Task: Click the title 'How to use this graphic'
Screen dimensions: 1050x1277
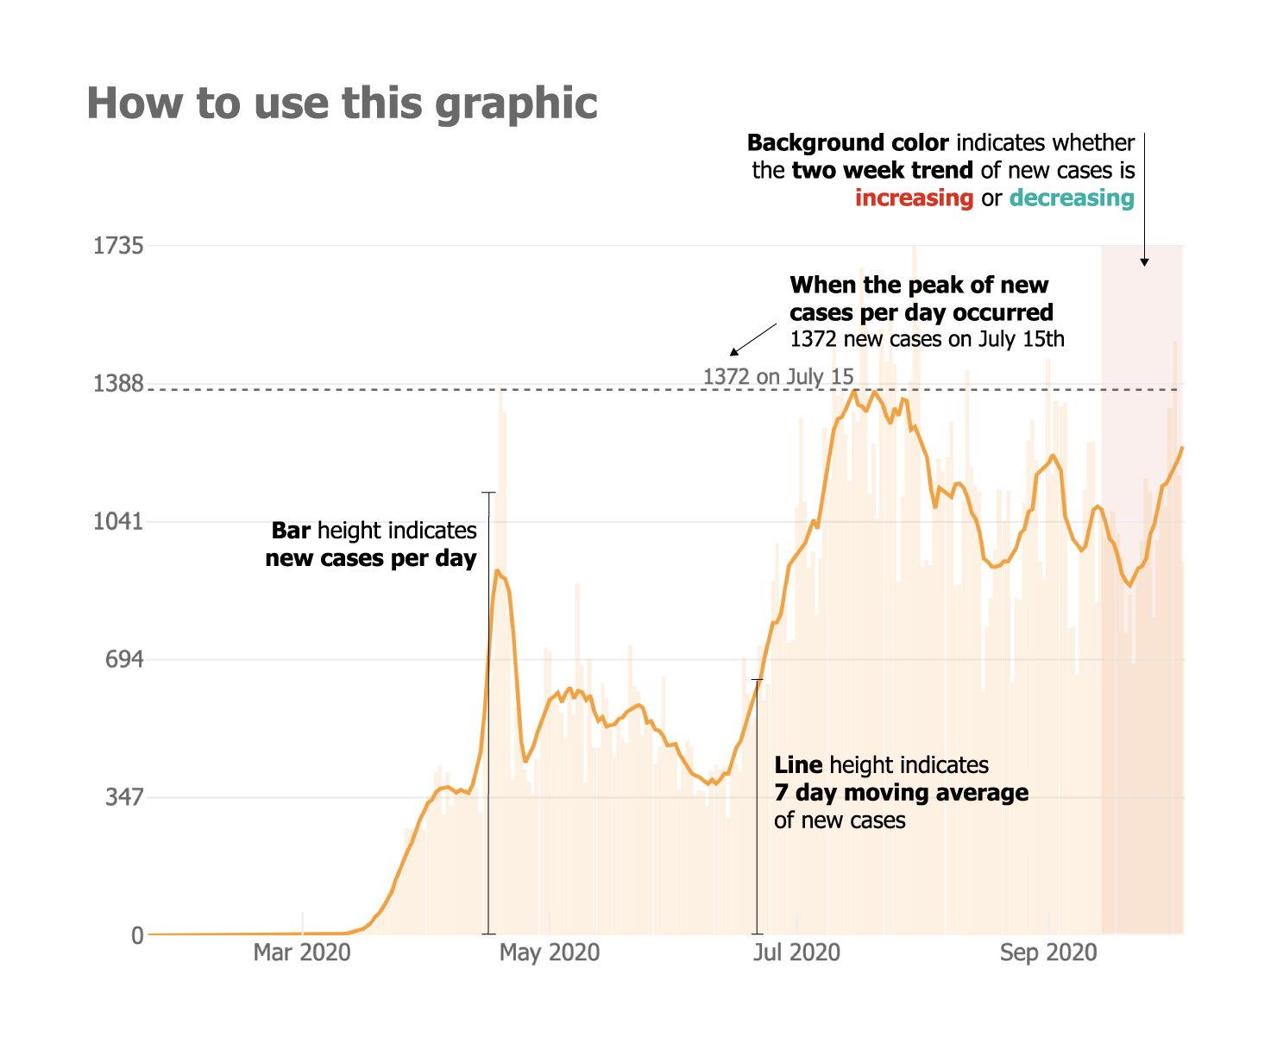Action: [342, 103]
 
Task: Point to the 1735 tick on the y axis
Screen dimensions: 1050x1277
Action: [118, 246]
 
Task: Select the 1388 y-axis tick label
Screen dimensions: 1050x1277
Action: [118, 384]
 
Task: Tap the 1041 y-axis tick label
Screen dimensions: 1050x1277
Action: [118, 522]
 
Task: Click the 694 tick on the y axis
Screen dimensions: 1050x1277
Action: [123, 660]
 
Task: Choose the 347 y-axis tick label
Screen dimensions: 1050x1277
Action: [123, 797]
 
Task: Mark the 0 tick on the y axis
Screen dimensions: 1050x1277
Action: [137, 935]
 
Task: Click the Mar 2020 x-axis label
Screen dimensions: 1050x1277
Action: [302, 953]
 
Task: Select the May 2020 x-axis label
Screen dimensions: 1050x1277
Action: [550, 953]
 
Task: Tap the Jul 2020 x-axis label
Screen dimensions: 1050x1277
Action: [796, 953]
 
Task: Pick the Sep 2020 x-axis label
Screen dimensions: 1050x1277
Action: [1048, 953]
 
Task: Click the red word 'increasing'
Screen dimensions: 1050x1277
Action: [914, 198]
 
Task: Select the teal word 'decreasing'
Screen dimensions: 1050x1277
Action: [1072, 198]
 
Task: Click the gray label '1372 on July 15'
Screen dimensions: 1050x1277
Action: [778, 376]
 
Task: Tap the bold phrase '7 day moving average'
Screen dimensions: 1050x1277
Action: [901, 792]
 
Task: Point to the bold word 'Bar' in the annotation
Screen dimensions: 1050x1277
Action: [291, 531]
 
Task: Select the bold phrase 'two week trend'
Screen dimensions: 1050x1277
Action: [882, 170]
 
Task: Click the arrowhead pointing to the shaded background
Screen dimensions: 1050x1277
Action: [1144, 261]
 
